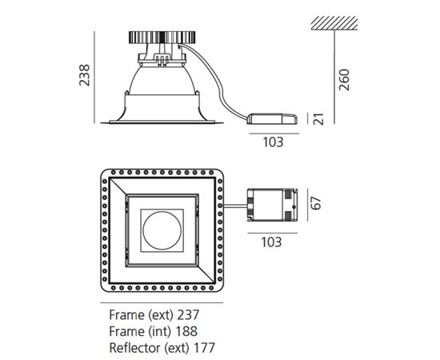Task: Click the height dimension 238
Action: click(84, 75)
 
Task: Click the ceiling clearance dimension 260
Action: click(344, 80)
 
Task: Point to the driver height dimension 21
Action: click(318, 119)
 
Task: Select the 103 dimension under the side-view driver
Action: click(273, 142)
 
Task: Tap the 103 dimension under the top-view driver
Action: click(271, 242)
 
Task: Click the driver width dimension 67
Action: click(315, 203)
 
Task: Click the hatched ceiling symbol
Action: click(334, 23)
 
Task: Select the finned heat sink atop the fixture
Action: click(162, 38)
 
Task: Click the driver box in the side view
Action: click(273, 118)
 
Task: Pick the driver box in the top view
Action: click(272, 205)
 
